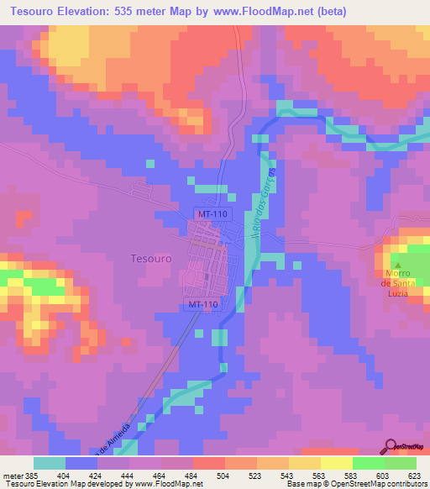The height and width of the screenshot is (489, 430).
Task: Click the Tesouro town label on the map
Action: (x=151, y=259)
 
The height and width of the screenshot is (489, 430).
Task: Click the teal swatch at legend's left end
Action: (x=49, y=463)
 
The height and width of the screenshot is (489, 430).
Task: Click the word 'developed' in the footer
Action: (x=112, y=483)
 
